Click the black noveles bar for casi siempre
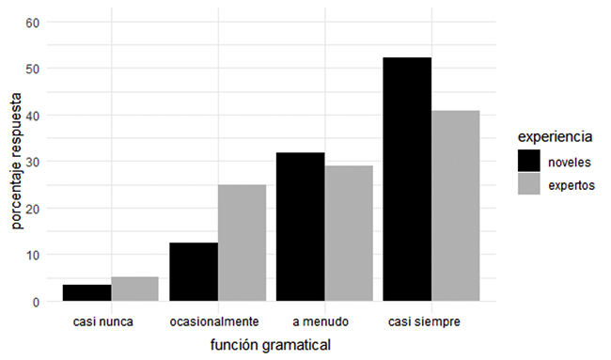point(407,180)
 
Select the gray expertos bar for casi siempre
point(456,206)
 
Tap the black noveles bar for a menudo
point(301,227)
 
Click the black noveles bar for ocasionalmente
point(194,272)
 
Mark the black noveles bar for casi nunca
point(87,292)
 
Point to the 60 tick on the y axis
point(33,23)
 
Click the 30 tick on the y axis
point(33,162)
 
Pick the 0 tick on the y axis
point(36,302)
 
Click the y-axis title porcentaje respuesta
point(16,161)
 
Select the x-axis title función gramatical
point(272,346)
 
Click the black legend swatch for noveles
point(529,161)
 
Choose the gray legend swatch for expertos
point(529,185)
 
